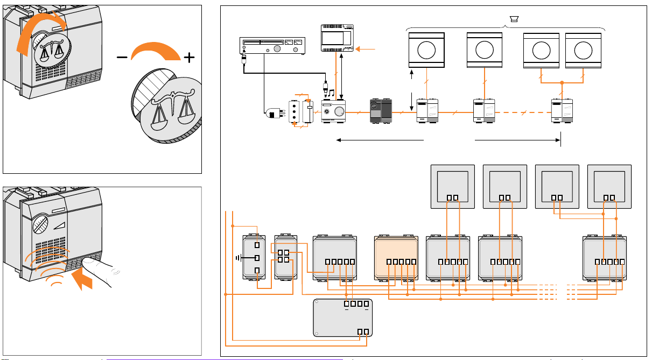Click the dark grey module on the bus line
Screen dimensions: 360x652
[x=379, y=111]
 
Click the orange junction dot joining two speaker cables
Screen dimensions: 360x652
[x=562, y=82]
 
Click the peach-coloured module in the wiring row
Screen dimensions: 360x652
[x=396, y=257]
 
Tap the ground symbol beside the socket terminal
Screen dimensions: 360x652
[x=237, y=258]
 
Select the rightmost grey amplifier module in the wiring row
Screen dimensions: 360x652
[x=606, y=257]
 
